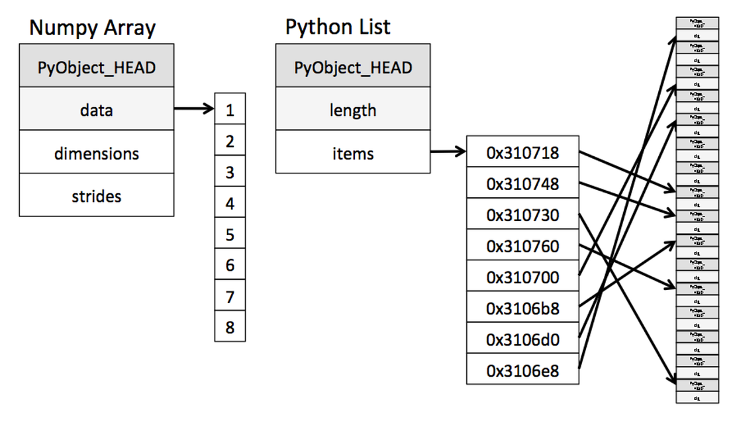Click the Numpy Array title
coord(92,28)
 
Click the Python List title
coord(338,26)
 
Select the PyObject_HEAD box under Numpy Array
coord(97,66)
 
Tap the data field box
coord(97,110)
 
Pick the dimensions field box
coord(97,153)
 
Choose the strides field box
coord(97,196)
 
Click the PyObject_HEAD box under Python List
coord(352,67)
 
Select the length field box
coord(352,110)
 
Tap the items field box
coord(352,153)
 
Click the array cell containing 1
coord(230,110)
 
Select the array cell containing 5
coord(230,234)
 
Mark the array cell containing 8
coord(230,328)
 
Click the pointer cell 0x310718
coord(522,153)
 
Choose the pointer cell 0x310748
coord(522,183)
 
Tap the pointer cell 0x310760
coord(522,246)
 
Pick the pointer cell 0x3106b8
coord(522,308)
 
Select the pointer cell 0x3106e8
coord(522,370)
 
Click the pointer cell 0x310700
coord(522,277)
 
